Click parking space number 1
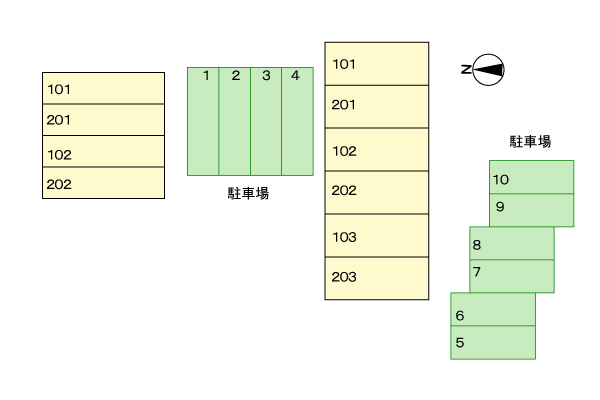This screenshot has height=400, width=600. (x=204, y=121)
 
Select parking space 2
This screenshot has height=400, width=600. (x=235, y=121)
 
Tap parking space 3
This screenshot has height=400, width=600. (x=266, y=121)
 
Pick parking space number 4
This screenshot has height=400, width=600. (x=297, y=121)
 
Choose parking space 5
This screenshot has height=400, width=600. (x=493, y=343)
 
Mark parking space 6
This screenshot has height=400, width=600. (x=493, y=310)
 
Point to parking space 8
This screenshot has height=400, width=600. (x=512, y=244)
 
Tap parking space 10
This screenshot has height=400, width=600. (x=531, y=178)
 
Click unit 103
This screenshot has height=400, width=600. (x=376, y=236)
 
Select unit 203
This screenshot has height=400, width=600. (x=376, y=278)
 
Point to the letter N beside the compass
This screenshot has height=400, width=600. (x=466, y=69)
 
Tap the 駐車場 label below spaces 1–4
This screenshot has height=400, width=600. (x=248, y=193)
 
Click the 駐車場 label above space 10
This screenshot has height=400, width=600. (x=530, y=142)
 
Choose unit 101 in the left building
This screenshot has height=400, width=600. (x=103, y=88)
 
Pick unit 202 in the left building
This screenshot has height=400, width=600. (x=103, y=183)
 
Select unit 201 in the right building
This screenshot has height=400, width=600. (x=376, y=106)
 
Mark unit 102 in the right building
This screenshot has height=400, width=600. (x=376, y=149)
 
